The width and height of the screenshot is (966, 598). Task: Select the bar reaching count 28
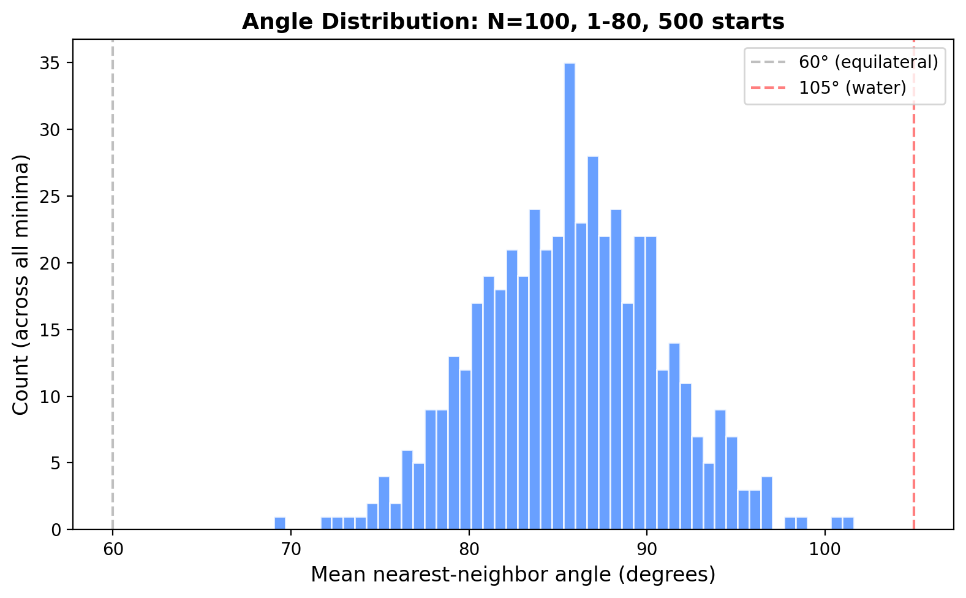point(593,343)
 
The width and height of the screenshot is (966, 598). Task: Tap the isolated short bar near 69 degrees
point(279,523)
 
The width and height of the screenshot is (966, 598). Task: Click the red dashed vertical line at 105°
point(913,306)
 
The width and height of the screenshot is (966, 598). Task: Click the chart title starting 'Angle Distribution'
point(513,22)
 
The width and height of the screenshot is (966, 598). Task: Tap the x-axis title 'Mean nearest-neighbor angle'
point(513,575)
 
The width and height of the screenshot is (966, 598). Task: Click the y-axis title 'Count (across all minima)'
point(21,284)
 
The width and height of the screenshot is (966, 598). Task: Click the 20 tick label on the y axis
point(56,263)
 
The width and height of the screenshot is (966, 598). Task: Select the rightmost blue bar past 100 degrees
point(848,523)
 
